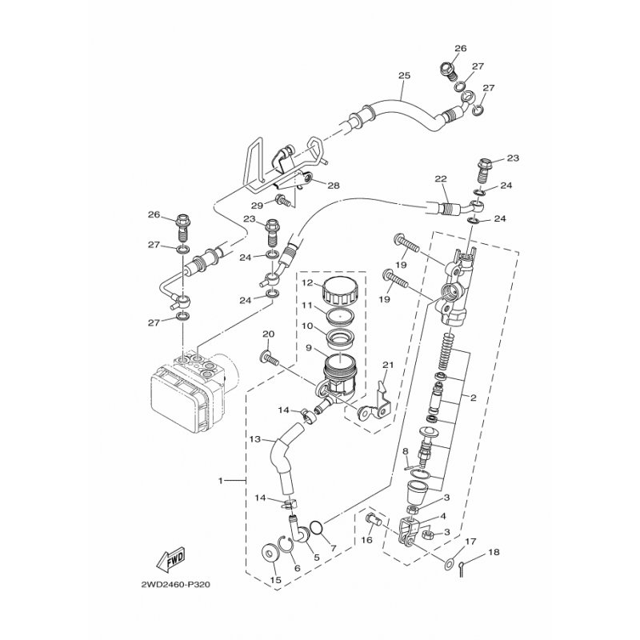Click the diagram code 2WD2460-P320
click(x=175, y=585)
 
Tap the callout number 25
click(x=404, y=75)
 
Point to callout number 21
click(x=388, y=365)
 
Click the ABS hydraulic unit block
click(x=189, y=393)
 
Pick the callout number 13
click(x=255, y=439)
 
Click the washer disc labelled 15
click(x=270, y=554)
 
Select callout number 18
click(x=494, y=552)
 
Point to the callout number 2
click(x=473, y=398)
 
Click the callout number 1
click(x=221, y=481)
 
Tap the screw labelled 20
click(x=270, y=359)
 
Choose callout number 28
click(x=334, y=186)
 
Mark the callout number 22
click(x=441, y=178)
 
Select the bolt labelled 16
click(x=374, y=519)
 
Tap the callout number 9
click(x=309, y=348)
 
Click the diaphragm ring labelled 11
click(x=338, y=314)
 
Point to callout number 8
click(x=406, y=451)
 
